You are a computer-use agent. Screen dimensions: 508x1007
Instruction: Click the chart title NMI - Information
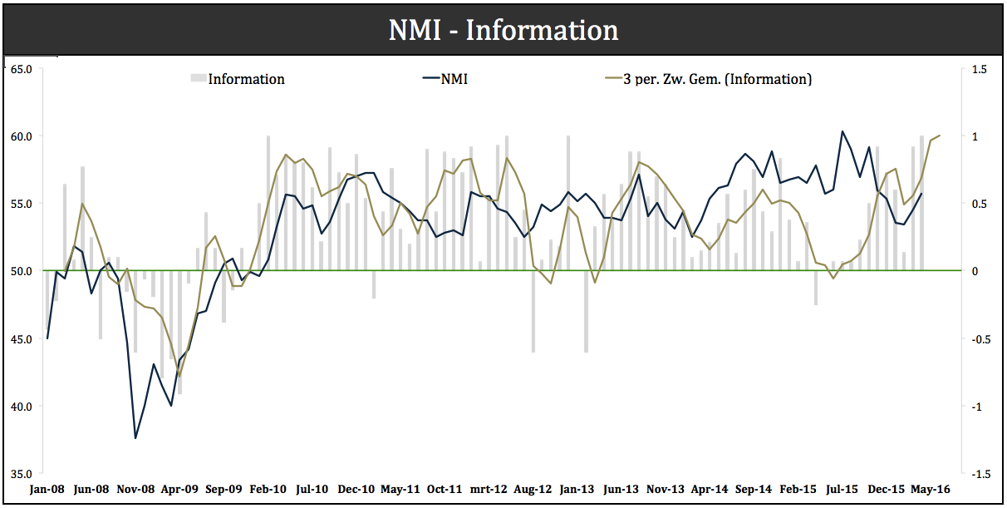click(x=503, y=31)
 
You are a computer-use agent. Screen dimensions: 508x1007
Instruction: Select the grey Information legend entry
click(x=238, y=79)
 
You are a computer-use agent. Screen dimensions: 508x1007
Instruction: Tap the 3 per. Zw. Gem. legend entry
click(x=707, y=79)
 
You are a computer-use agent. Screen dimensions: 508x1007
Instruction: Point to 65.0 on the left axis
click(x=21, y=69)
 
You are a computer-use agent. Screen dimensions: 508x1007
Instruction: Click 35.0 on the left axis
click(x=21, y=474)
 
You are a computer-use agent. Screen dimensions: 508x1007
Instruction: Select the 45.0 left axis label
click(x=21, y=339)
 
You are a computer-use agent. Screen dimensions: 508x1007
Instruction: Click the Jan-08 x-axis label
click(x=47, y=489)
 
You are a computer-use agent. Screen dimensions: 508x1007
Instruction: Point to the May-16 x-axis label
click(x=930, y=489)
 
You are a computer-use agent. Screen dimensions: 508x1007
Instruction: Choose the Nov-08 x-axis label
click(x=135, y=489)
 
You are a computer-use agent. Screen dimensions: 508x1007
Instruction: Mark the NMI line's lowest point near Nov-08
click(x=135, y=438)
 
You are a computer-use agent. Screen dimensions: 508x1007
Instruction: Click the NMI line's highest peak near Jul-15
click(x=842, y=131)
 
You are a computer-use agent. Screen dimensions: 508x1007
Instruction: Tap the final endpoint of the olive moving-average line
click(x=940, y=136)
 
